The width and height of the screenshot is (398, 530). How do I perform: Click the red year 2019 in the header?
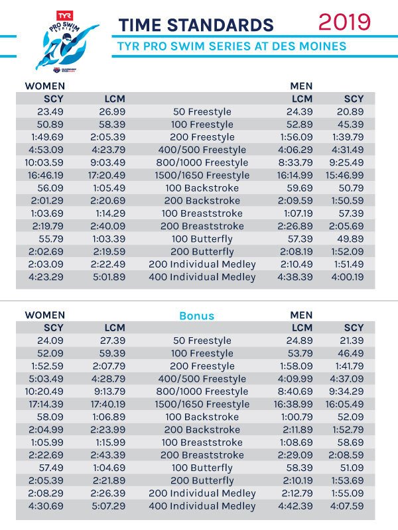click(x=344, y=22)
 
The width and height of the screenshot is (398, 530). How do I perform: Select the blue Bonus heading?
click(x=196, y=316)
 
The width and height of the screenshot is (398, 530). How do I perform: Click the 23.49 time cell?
click(x=50, y=111)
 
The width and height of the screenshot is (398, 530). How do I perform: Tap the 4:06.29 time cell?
click(x=295, y=150)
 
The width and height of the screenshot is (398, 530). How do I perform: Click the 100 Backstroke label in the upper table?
click(x=202, y=188)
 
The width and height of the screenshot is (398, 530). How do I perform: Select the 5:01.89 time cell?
click(x=109, y=277)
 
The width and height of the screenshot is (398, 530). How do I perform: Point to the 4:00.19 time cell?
click(x=348, y=277)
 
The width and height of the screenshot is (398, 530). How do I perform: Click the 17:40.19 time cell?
click(x=107, y=404)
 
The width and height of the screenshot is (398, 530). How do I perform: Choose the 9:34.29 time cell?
click(x=346, y=392)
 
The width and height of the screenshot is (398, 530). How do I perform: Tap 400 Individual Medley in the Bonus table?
click(x=202, y=506)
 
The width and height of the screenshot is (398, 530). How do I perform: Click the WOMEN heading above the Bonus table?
click(x=44, y=315)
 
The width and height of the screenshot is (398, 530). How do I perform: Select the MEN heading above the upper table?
click(x=301, y=86)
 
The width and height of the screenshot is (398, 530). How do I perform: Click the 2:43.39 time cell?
click(x=107, y=455)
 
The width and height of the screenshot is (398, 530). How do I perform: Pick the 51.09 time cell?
click(x=352, y=468)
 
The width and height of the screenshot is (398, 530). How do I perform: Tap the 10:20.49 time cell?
click(x=44, y=392)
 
